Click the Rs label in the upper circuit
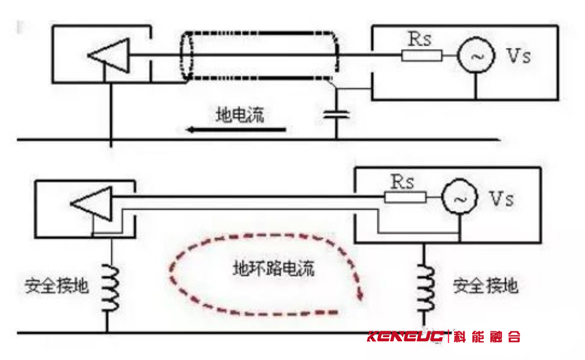[x=419, y=39]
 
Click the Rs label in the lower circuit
[x=402, y=182]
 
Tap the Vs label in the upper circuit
[x=518, y=56]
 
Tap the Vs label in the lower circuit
[x=501, y=198]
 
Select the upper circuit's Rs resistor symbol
[x=422, y=56]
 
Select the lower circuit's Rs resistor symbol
[x=405, y=197]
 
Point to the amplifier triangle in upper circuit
[x=109, y=55]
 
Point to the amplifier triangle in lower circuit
[x=91, y=204]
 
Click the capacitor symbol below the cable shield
[x=336, y=114]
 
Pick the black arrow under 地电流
[x=236, y=129]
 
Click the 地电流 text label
[x=240, y=115]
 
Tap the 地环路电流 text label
[x=273, y=268]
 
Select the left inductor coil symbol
[x=111, y=287]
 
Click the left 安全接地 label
[x=57, y=286]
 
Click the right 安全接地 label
[x=486, y=286]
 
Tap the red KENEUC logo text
[x=405, y=337]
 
